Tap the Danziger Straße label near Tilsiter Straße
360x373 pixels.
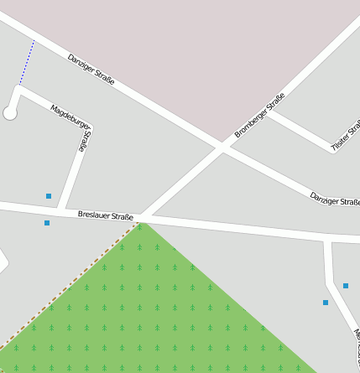tap(334, 199)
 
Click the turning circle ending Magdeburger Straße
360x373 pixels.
tap(11, 112)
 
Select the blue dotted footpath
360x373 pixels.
tap(26, 63)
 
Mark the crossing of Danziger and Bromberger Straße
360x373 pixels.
tap(222, 148)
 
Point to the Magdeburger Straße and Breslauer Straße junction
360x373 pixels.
tap(60, 210)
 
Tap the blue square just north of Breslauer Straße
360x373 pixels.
tap(49, 196)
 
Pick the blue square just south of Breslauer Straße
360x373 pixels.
tap(47, 223)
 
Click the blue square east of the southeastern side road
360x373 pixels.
tap(346, 286)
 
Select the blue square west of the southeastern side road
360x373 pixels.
tap(326, 302)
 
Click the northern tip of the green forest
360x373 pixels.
tap(141, 225)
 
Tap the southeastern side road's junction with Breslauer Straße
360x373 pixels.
tap(328, 240)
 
